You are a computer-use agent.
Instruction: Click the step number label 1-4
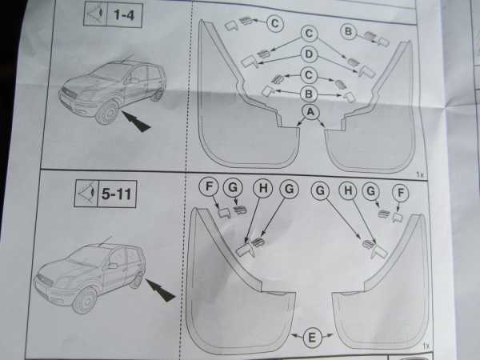(124, 15)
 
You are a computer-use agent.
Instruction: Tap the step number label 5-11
(116, 194)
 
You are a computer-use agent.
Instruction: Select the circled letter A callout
(310, 112)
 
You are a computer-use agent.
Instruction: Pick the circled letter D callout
(309, 54)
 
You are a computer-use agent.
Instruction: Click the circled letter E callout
(312, 338)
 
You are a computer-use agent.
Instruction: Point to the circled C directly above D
(309, 34)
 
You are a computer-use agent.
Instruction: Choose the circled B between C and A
(309, 94)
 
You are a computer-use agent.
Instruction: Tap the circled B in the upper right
(348, 31)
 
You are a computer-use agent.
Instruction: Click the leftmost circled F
(209, 186)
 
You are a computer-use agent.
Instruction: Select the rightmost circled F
(401, 193)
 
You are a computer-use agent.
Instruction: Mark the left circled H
(263, 188)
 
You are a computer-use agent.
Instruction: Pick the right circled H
(348, 190)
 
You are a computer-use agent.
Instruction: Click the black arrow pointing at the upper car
(136, 122)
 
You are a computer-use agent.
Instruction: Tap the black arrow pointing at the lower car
(160, 290)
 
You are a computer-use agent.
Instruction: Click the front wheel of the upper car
(108, 113)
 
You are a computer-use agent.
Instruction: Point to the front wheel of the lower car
(84, 301)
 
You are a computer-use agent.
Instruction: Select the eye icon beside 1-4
(95, 14)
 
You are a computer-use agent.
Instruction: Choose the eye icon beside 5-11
(86, 194)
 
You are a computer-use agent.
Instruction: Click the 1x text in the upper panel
(420, 174)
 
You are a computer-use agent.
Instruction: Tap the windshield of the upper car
(108, 73)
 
